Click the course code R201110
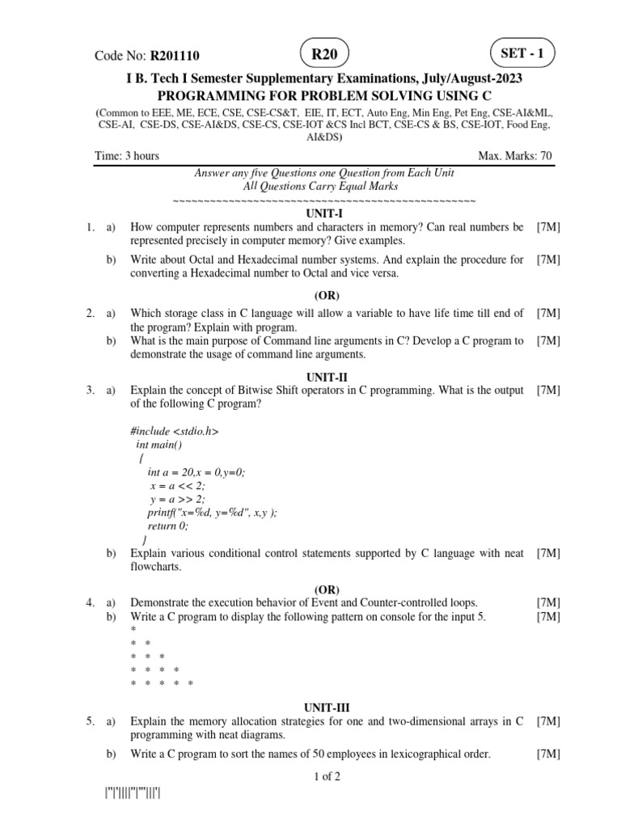click(173, 56)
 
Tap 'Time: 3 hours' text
click(127, 156)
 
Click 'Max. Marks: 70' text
click(516, 156)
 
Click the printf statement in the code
click(212, 513)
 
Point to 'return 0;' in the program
click(167, 526)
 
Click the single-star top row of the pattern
click(133, 629)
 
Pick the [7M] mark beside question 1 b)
click(548, 260)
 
